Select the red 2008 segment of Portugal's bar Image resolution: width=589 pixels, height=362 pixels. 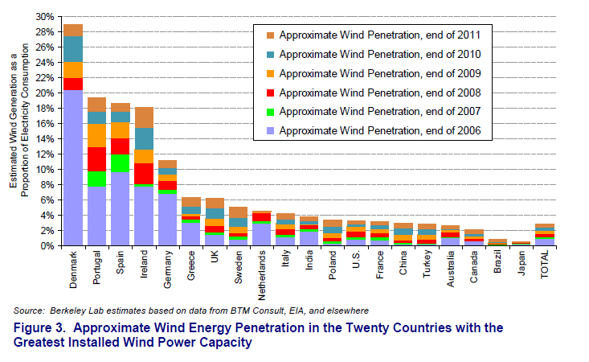[x=97, y=159]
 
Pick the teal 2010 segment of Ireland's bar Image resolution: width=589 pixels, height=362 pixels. [x=145, y=138]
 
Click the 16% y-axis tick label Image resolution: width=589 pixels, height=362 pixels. [x=45, y=123]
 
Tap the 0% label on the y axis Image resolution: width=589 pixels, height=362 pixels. [x=47, y=245]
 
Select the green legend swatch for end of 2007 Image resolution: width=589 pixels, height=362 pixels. [x=269, y=112]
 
